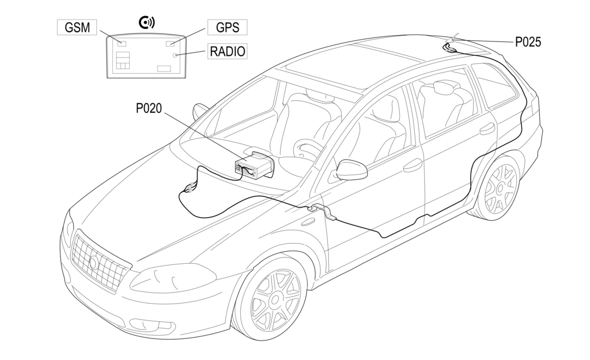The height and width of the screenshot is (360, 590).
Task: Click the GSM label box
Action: click(77, 27)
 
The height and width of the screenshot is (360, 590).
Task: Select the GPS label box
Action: click(227, 27)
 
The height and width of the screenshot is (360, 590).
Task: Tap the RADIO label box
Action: click(228, 51)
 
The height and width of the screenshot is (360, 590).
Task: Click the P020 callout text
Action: click(149, 108)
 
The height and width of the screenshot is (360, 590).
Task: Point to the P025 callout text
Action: click(528, 41)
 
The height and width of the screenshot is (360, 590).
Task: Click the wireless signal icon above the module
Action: click(147, 22)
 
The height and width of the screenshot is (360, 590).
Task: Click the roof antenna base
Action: click(449, 46)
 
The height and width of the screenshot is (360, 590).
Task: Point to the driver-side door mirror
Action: click(351, 169)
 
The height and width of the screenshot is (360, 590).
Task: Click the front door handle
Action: click(413, 166)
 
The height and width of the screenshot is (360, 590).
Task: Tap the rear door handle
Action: click(487, 129)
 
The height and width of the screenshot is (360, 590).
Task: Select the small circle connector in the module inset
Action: click(175, 55)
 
